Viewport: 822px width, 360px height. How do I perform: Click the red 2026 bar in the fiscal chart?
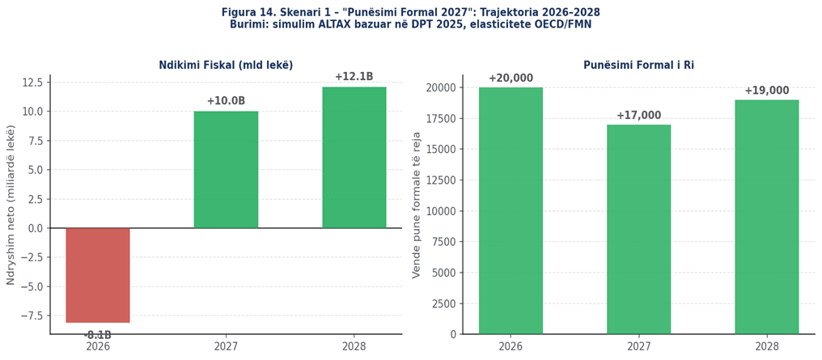(x=98, y=275)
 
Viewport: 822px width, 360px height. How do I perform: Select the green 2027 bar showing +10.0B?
(x=226, y=170)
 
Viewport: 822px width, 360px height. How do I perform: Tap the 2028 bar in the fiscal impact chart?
(x=354, y=158)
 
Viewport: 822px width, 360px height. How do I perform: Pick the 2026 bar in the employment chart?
(x=511, y=210)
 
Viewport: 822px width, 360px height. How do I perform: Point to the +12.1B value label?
(x=354, y=77)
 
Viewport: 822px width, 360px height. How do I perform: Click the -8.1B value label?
(x=98, y=335)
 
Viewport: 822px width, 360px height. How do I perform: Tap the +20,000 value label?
(x=511, y=78)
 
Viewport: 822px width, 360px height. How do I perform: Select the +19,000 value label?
(x=766, y=91)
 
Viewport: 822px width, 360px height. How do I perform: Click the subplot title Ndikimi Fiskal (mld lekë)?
(x=226, y=66)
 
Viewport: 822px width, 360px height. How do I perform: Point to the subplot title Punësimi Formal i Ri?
(x=638, y=66)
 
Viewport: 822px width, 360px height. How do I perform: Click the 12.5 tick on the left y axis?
(x=32, y=83)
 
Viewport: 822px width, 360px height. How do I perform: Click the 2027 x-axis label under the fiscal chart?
(x=226, y=346)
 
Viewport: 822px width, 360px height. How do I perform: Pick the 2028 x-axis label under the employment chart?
(x=766, y=346)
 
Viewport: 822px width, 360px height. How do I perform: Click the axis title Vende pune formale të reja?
(x=417, y=205)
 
